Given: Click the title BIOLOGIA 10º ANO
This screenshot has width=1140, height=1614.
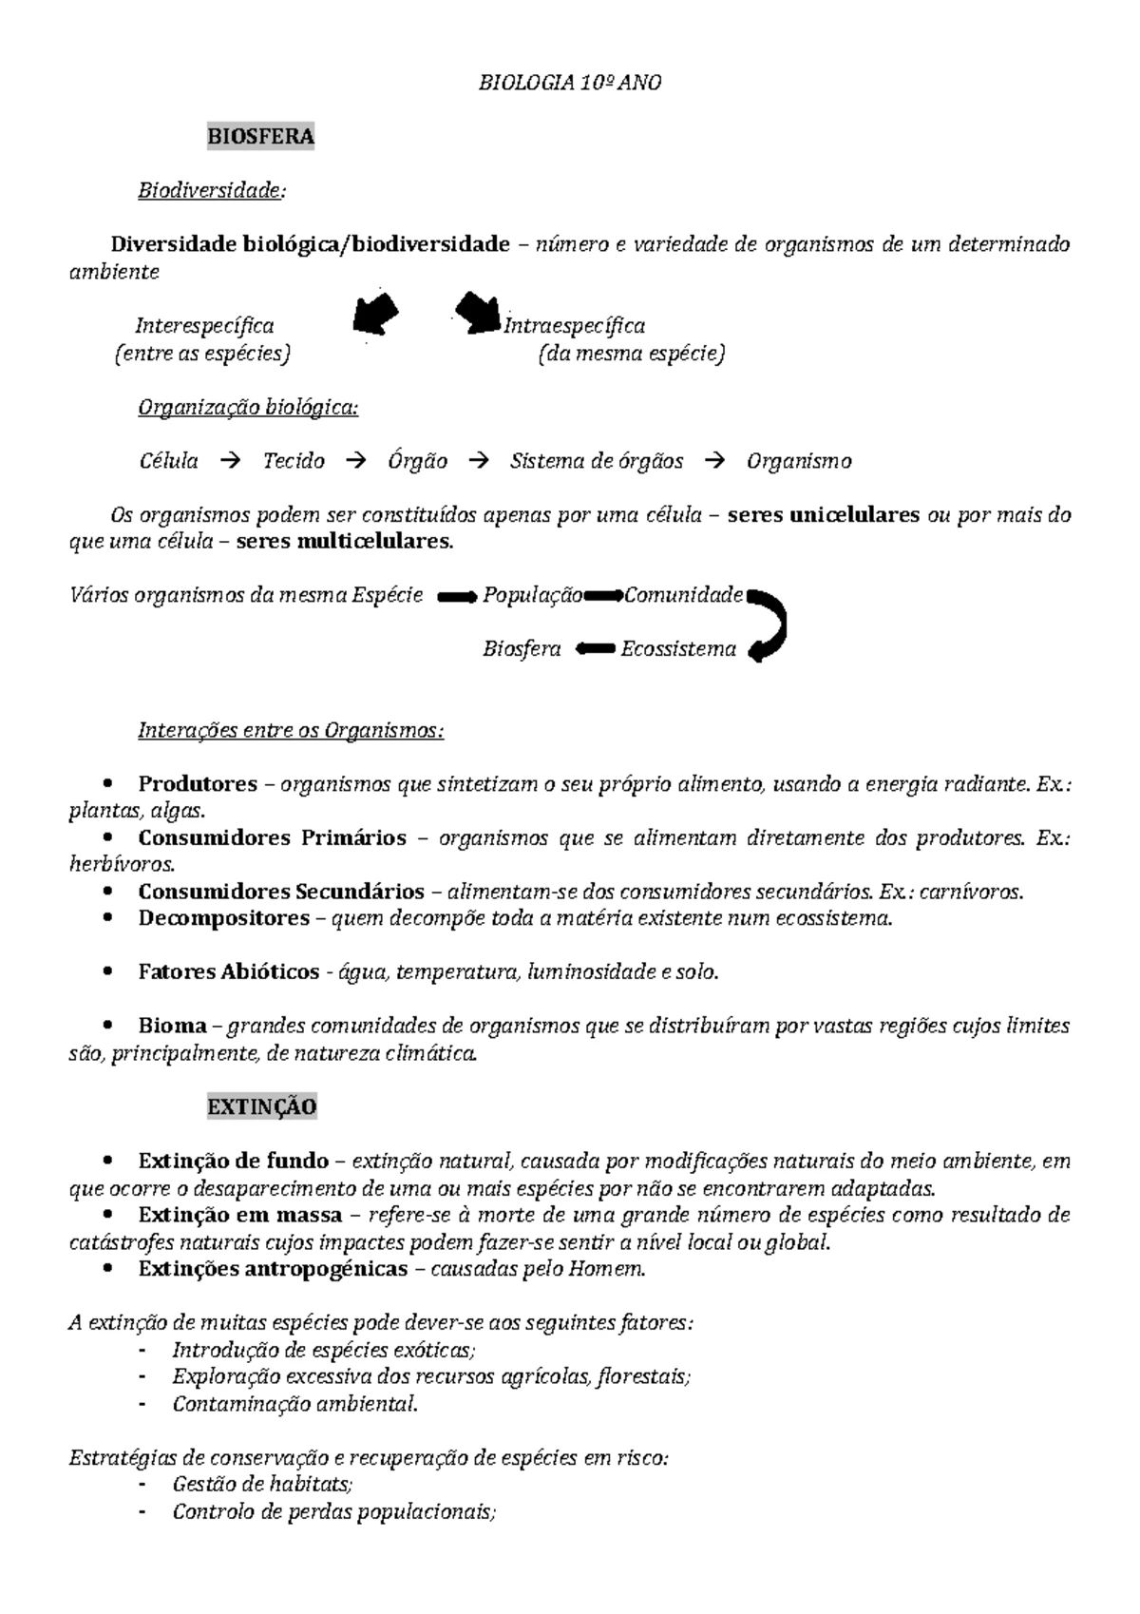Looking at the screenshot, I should point(569,83).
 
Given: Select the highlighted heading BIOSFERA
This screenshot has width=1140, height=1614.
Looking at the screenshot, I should point(260,137).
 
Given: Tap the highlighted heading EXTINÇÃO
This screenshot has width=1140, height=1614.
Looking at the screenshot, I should point(261,1106).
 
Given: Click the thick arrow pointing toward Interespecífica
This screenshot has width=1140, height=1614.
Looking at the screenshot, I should point(375,314).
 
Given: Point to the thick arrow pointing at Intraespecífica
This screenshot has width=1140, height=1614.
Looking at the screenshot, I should point(477,312).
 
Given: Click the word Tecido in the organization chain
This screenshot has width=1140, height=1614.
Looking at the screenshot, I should point(294,462).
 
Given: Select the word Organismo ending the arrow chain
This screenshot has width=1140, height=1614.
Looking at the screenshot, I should point(798,462).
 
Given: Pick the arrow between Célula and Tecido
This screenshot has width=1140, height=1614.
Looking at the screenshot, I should point(230,462).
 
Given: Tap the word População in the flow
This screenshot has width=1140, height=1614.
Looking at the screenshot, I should point(532,596).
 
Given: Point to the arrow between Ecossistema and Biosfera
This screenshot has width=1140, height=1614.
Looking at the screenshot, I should point(595,649).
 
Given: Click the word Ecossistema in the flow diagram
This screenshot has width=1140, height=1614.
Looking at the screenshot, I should point(677,650).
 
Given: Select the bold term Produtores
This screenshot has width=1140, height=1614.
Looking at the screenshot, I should point(198,784).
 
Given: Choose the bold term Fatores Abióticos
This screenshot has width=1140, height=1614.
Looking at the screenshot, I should point(228,972).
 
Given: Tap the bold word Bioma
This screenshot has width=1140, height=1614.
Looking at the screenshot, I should point(172,1026).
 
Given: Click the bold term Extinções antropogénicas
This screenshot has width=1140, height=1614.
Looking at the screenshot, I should point(273,1269).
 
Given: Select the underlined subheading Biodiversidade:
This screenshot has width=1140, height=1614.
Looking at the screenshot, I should point(211,191).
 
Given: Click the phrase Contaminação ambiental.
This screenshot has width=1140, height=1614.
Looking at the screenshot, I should point(294,1404).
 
